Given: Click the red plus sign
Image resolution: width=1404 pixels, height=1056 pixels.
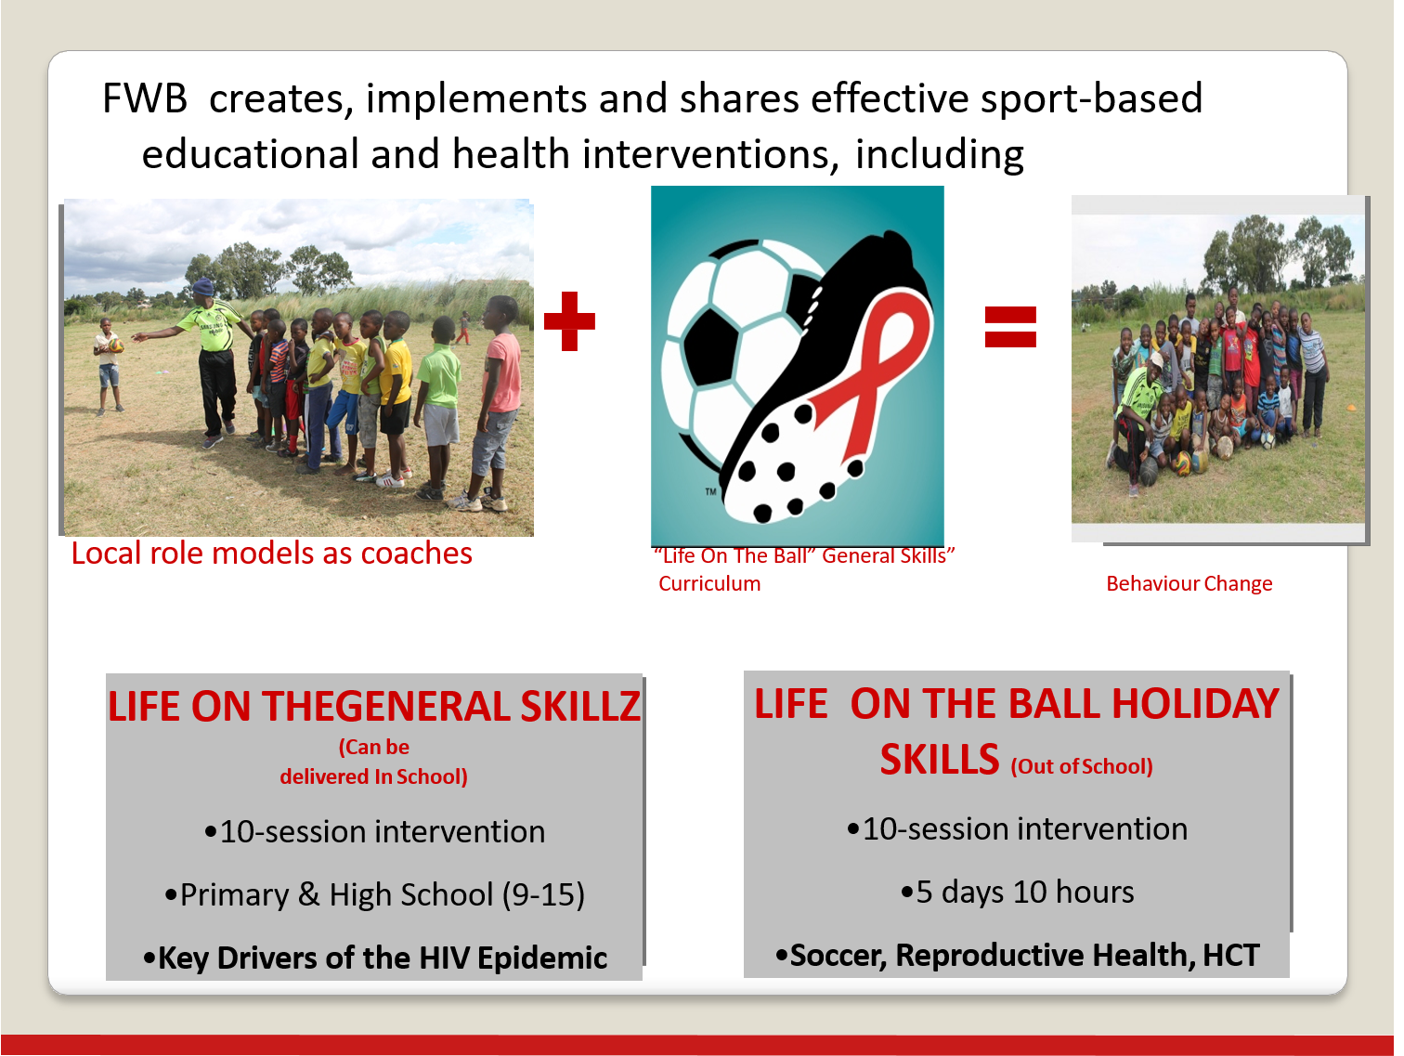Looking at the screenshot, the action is pyautogui.click(x=569, y=321).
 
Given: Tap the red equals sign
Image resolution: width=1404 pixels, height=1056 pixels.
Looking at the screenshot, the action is pyautogui.click(x=1010, y=327).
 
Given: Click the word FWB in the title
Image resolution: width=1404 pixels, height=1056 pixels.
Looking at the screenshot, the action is pyautogui.click(x=145, y=98).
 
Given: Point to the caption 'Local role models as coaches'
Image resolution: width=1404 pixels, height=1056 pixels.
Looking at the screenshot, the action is pyautogui.click(x=271, y=554).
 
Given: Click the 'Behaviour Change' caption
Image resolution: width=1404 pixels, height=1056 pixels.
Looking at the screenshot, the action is pyautogui.click(x=1189, y=583).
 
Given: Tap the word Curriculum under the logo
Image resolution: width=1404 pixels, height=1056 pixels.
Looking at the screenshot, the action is pyautogui.click(x=709, y=583).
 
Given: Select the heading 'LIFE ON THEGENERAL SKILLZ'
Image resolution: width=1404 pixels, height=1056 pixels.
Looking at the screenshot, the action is pyautogui.click(x=374, y=707).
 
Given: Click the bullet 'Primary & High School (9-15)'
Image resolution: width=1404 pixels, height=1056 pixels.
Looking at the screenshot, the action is pyautogui.click(x=375, y=894).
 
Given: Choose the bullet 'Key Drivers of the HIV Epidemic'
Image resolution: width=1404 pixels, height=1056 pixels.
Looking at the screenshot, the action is pyautogui.click(x=375, y=958).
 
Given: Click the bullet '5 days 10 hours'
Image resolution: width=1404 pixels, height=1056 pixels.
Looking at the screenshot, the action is pyautogui.click(x=1017, y=892).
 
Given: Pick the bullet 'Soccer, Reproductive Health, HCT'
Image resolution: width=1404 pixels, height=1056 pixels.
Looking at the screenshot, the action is pyautogui.click(x=1017, y=955).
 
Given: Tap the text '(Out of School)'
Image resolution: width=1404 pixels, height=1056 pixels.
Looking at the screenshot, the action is pyautogui.click(x=1082, y=766).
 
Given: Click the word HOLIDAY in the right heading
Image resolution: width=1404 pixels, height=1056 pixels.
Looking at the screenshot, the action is pyautogui.click(x=1195, y=704).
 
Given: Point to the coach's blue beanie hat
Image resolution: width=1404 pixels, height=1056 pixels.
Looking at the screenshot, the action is pyautogui.click(x=203, y=286).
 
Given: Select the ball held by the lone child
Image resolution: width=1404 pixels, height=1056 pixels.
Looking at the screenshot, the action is pyautogui.click(x=116, y=345).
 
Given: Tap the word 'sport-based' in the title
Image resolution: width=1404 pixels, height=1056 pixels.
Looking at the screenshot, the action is pyautogui.click(x=1091, y=99).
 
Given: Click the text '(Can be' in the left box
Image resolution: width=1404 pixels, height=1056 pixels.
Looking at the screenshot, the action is pyautogui.click(x=374, y=747).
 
